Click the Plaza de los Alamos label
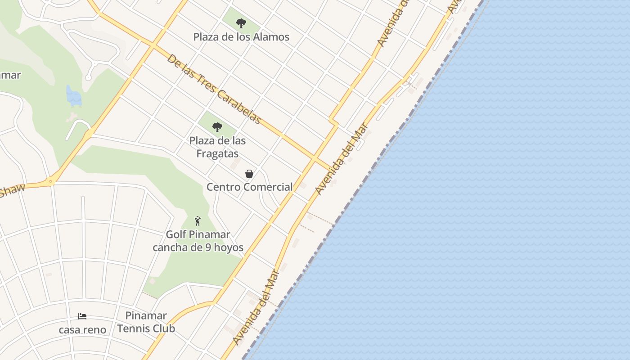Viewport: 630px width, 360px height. [241, 37]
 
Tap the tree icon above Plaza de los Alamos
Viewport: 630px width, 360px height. [241, 23]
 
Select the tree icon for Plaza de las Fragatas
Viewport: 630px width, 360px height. [217, 127]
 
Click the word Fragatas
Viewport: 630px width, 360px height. [217, 154]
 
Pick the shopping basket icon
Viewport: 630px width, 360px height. [249, 174]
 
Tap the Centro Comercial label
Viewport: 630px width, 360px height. [249, 187]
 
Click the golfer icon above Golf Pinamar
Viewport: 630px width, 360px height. [197, 221]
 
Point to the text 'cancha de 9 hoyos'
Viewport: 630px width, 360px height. [198, 247]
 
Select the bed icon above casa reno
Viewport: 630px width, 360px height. [82, 316]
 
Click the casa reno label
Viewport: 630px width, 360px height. [82, 330]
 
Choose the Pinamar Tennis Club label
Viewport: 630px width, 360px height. [146, 322]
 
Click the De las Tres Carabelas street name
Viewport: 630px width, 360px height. [214, 89]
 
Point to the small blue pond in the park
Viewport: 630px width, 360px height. [73, 96]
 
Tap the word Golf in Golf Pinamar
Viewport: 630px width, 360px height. [175, 234]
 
